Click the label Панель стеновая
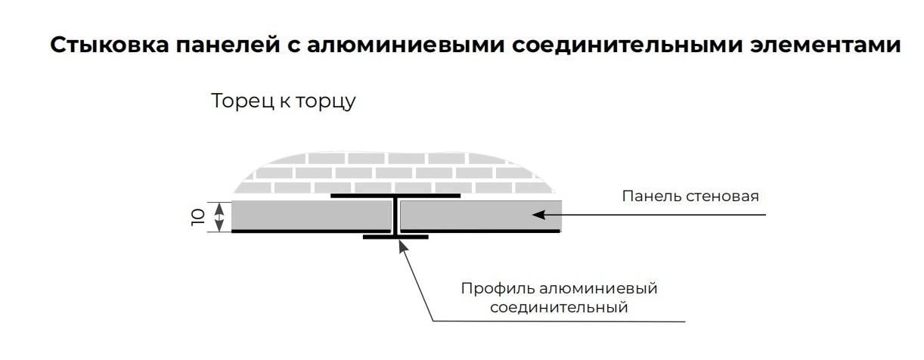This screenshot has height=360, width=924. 690,197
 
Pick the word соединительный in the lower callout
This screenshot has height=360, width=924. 559,308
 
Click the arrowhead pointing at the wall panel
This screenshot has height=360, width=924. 538,215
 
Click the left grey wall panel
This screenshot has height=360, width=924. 310,216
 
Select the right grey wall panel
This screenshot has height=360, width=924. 476,216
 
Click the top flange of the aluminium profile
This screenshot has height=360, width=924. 395,196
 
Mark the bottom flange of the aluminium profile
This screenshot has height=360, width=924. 395,237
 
